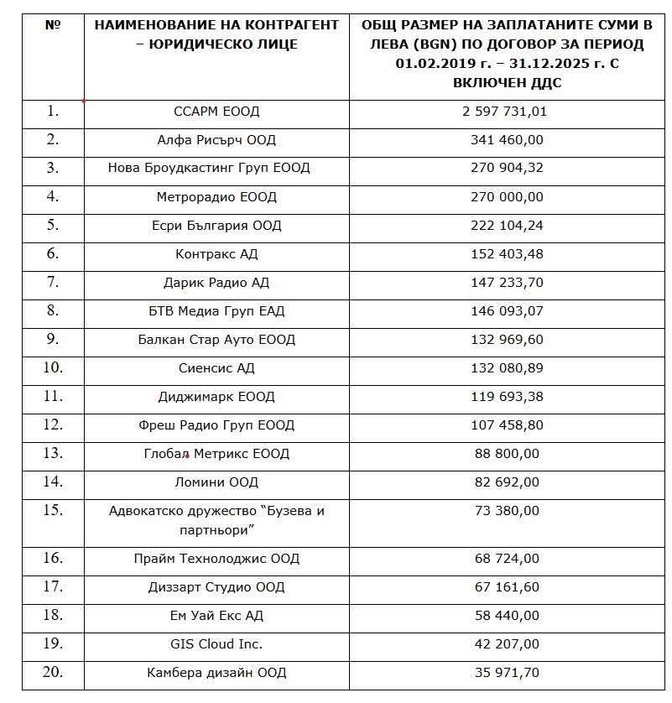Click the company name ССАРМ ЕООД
216,112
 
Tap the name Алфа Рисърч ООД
216,140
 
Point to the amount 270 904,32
507,168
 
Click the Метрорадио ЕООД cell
216,197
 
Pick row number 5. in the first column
53,225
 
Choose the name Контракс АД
216,254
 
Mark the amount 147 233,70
507,283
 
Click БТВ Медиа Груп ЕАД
216,311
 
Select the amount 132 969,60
507,340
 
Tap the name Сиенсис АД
216,368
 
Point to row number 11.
53,396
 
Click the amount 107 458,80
507,425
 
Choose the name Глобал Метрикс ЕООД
216,454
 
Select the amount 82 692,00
507,482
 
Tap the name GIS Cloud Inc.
216,644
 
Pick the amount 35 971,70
507,673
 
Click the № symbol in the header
53,25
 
